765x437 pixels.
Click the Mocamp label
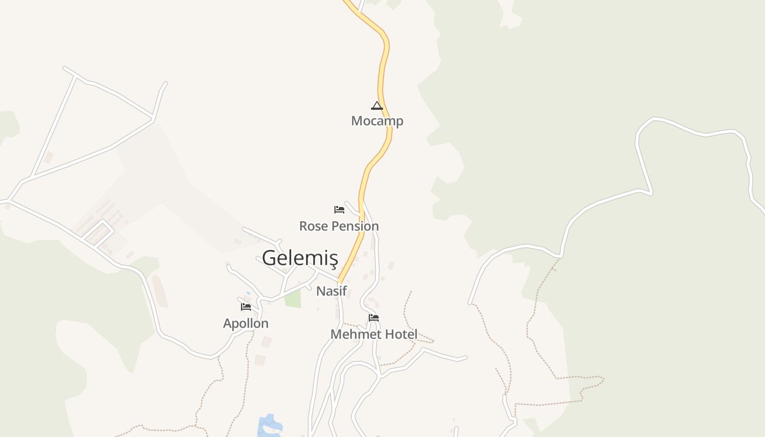pos(377,121)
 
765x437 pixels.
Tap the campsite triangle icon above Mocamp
pos(376,105)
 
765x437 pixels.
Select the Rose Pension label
pos(339,226)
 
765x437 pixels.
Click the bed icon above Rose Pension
pos(339,209)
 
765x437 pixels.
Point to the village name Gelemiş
pos(300,257)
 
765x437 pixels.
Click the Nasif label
pos(332,291)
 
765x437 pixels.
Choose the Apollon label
pos(246,323)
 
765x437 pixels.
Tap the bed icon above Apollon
pos(246,306)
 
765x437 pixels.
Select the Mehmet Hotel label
pos(374,334)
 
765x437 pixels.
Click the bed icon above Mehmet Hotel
pos(374,317)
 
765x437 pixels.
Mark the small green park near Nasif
pos(293,298)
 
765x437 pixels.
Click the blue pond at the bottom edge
pos(269,426)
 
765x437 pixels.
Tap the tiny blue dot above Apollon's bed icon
pos(248,293)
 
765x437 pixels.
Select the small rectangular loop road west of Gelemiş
pos(98,234)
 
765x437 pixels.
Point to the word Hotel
pos(401,334)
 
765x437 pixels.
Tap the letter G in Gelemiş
pos(269,257)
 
